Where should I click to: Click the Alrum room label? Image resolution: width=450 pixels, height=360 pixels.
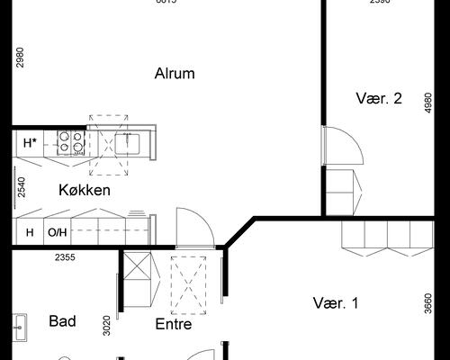[x=175, y=74]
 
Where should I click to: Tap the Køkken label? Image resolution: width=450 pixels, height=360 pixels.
[x=85, y=190]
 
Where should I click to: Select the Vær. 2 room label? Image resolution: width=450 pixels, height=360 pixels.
[x=378, y=99]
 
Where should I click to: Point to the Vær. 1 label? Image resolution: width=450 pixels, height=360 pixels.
[x=336, y=303]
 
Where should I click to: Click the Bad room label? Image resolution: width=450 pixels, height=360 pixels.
[x=62, y=320]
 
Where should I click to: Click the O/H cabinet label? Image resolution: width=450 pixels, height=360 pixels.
[x=57, y=233]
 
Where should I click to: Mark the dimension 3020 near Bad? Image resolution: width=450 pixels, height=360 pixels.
[x=106, y=325]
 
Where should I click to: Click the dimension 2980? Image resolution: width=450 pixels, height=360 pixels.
[x=19, y=58]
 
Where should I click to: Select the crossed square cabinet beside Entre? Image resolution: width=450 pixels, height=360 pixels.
[x=139, y=268]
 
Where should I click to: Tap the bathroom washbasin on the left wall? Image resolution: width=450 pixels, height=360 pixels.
[x=19, y=325]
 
